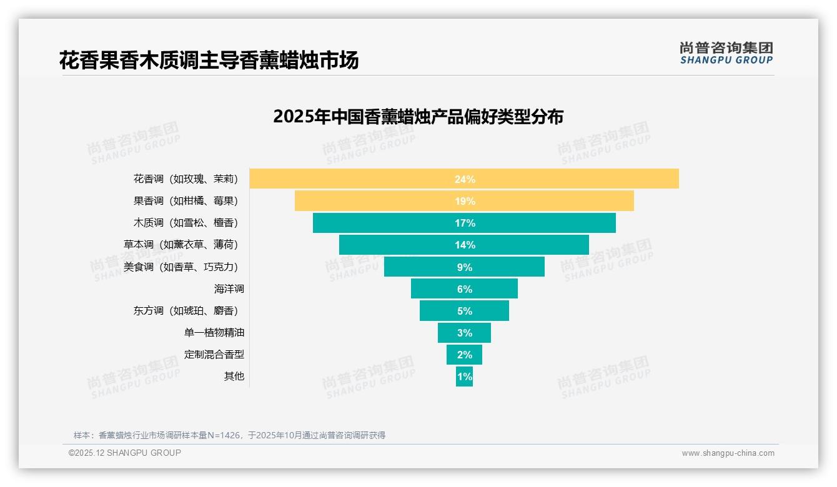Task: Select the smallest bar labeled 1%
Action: [464, 376]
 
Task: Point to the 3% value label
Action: [464, 333]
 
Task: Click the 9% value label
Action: [464, 267]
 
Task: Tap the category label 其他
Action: [234, 376]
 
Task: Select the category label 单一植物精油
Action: [214, 333]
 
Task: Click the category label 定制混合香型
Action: [214, 355]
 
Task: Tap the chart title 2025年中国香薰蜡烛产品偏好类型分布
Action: [418, 117]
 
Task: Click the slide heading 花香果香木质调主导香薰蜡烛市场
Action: [209, 61]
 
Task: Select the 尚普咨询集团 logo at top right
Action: [726, 53]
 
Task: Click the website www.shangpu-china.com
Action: [728, 453]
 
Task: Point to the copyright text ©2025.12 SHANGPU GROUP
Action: [124, 453]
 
